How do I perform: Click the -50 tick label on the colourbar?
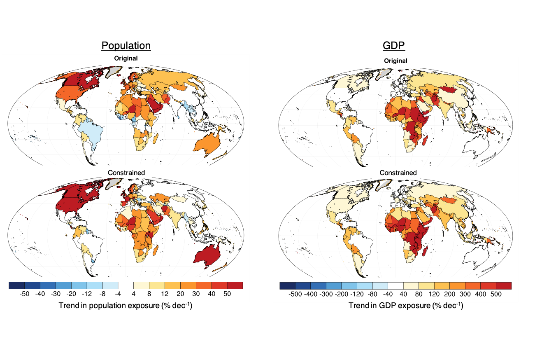(x=24, y=294)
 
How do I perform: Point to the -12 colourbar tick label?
(x=87, y=294)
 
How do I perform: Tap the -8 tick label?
(x=102, y=294)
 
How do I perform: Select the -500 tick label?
(x=295, y=294)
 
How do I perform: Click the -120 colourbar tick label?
(x=357, y=294)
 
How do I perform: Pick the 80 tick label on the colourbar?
(x=419, y=294)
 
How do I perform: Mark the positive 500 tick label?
(x=495, y=294)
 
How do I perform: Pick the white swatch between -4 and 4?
(x=126, y=285)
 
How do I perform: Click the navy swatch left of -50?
(x=16, y=285)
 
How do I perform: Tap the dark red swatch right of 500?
(x=503, y=285)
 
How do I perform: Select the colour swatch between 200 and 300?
(x=457, y=285)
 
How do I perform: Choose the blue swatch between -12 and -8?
(x=94, y=285)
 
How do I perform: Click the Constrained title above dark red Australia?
(x=126, y=173)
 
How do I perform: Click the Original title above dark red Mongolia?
(x=395, y=61)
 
